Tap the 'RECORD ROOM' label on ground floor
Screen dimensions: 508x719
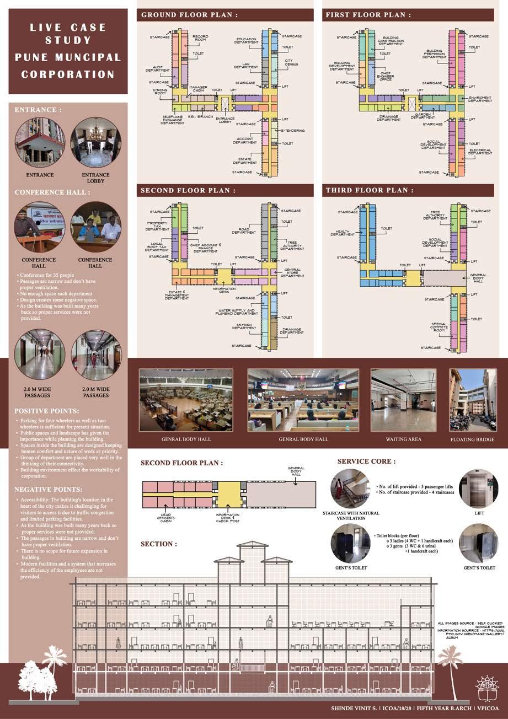(200, 39)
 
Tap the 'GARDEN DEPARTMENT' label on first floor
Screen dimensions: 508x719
(423, 116)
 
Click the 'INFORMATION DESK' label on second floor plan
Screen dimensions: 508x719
(224, 290)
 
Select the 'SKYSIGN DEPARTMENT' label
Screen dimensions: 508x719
(244, 326)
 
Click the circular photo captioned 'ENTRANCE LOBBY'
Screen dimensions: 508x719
(95, 142)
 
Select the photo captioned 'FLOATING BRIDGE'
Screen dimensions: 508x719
(473, 400)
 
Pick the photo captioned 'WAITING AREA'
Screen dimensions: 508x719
(403, 400)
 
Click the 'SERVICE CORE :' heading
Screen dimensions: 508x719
(366, 461)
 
